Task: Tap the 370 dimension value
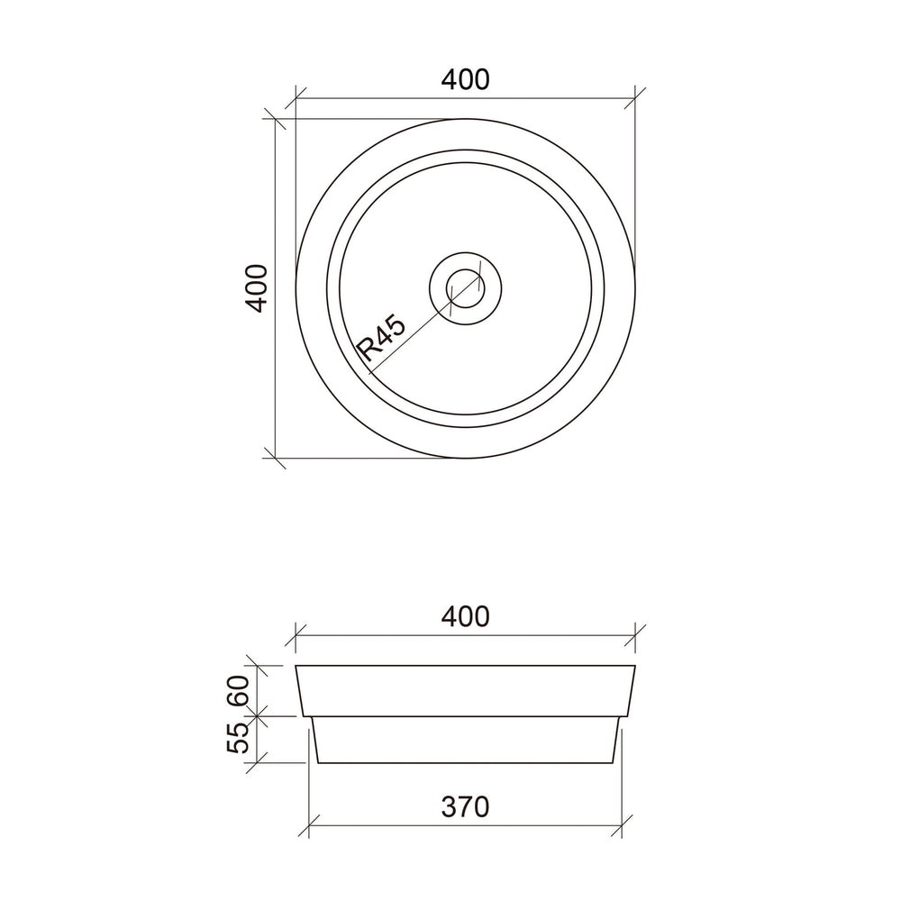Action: coord(466,806)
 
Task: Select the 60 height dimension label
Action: coord(239,691)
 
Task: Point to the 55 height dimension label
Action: coord(239,738)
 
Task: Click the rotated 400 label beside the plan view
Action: coord(256,288)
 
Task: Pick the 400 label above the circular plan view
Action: coord(466,79)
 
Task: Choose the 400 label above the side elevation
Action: coord(466,616)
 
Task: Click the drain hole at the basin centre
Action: coord(466,288)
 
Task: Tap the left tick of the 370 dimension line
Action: coord(309,826)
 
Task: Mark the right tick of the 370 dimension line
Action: coord(622,826)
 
